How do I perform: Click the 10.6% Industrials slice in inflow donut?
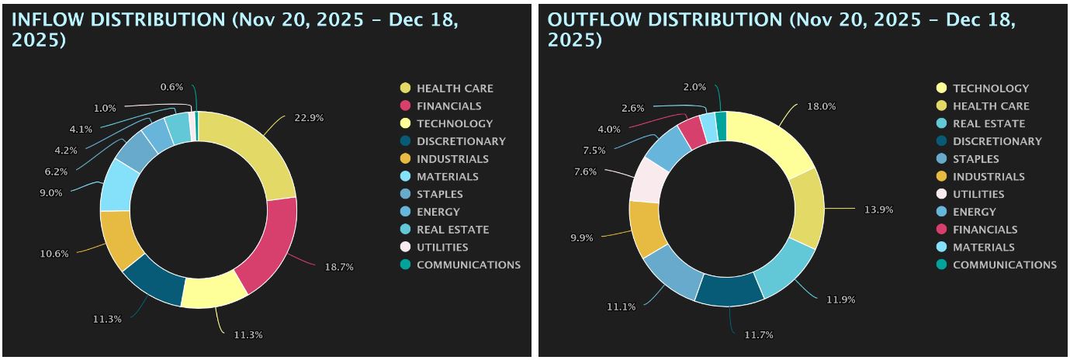[120, 238]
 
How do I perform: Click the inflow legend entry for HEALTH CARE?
[455, 88]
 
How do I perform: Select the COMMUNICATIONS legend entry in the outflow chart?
[1004, 265]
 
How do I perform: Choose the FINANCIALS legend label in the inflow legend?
[448, 106]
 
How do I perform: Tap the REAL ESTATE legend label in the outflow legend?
[989, 124]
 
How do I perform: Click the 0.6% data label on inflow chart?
[171, 87]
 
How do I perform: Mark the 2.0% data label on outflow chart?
[694, 87]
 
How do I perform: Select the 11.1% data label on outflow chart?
[621, 307]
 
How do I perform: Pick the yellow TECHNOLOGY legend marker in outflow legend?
[941, 88]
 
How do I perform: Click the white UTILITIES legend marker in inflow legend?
[405, 247]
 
